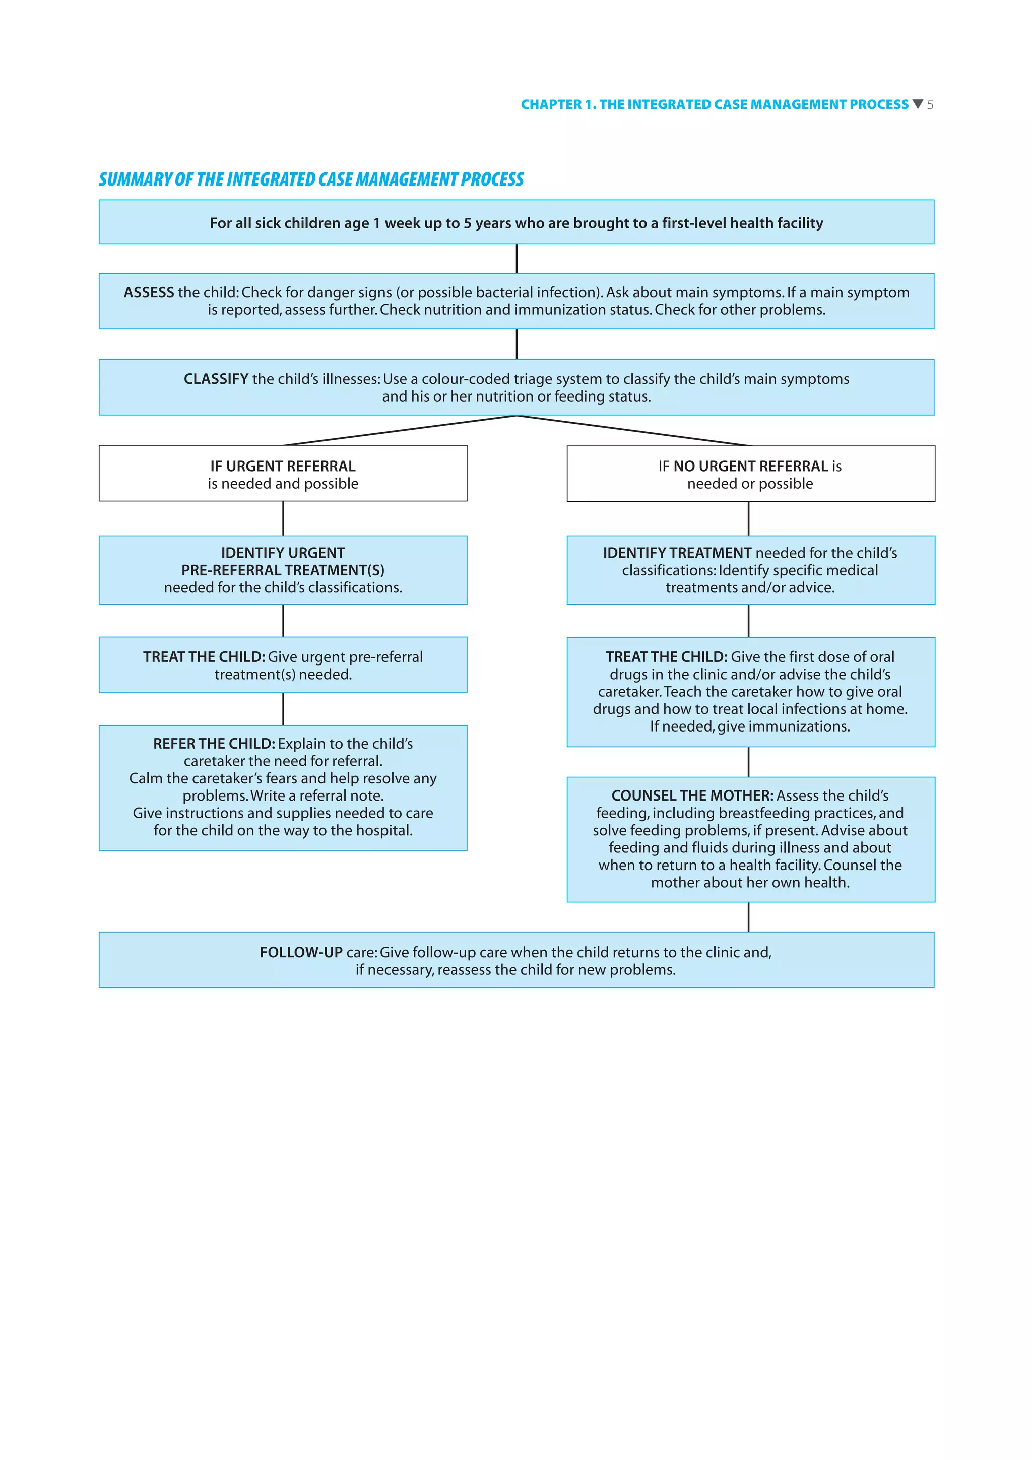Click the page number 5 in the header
[x=930, y=105]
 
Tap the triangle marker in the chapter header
[x=917, y=104]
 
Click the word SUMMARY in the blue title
[x=135, y=180]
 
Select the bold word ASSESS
[x=149, y=293]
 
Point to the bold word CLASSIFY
[x=216, y=379]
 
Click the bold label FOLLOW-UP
[x=301, y=952]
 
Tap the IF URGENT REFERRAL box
[x=283, y=474]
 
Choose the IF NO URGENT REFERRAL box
[x=750, y=474]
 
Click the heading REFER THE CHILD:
[x=214, y=744]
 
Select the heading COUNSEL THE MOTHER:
[x=692, y=795]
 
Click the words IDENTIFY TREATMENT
[x=677, y=553]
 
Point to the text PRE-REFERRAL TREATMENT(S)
[x=283, y=570]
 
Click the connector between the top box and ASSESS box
[x=517, y=259]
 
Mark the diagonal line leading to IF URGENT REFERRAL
[x=401, y=431]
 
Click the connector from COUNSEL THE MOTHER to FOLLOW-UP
[x=748, y=916]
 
